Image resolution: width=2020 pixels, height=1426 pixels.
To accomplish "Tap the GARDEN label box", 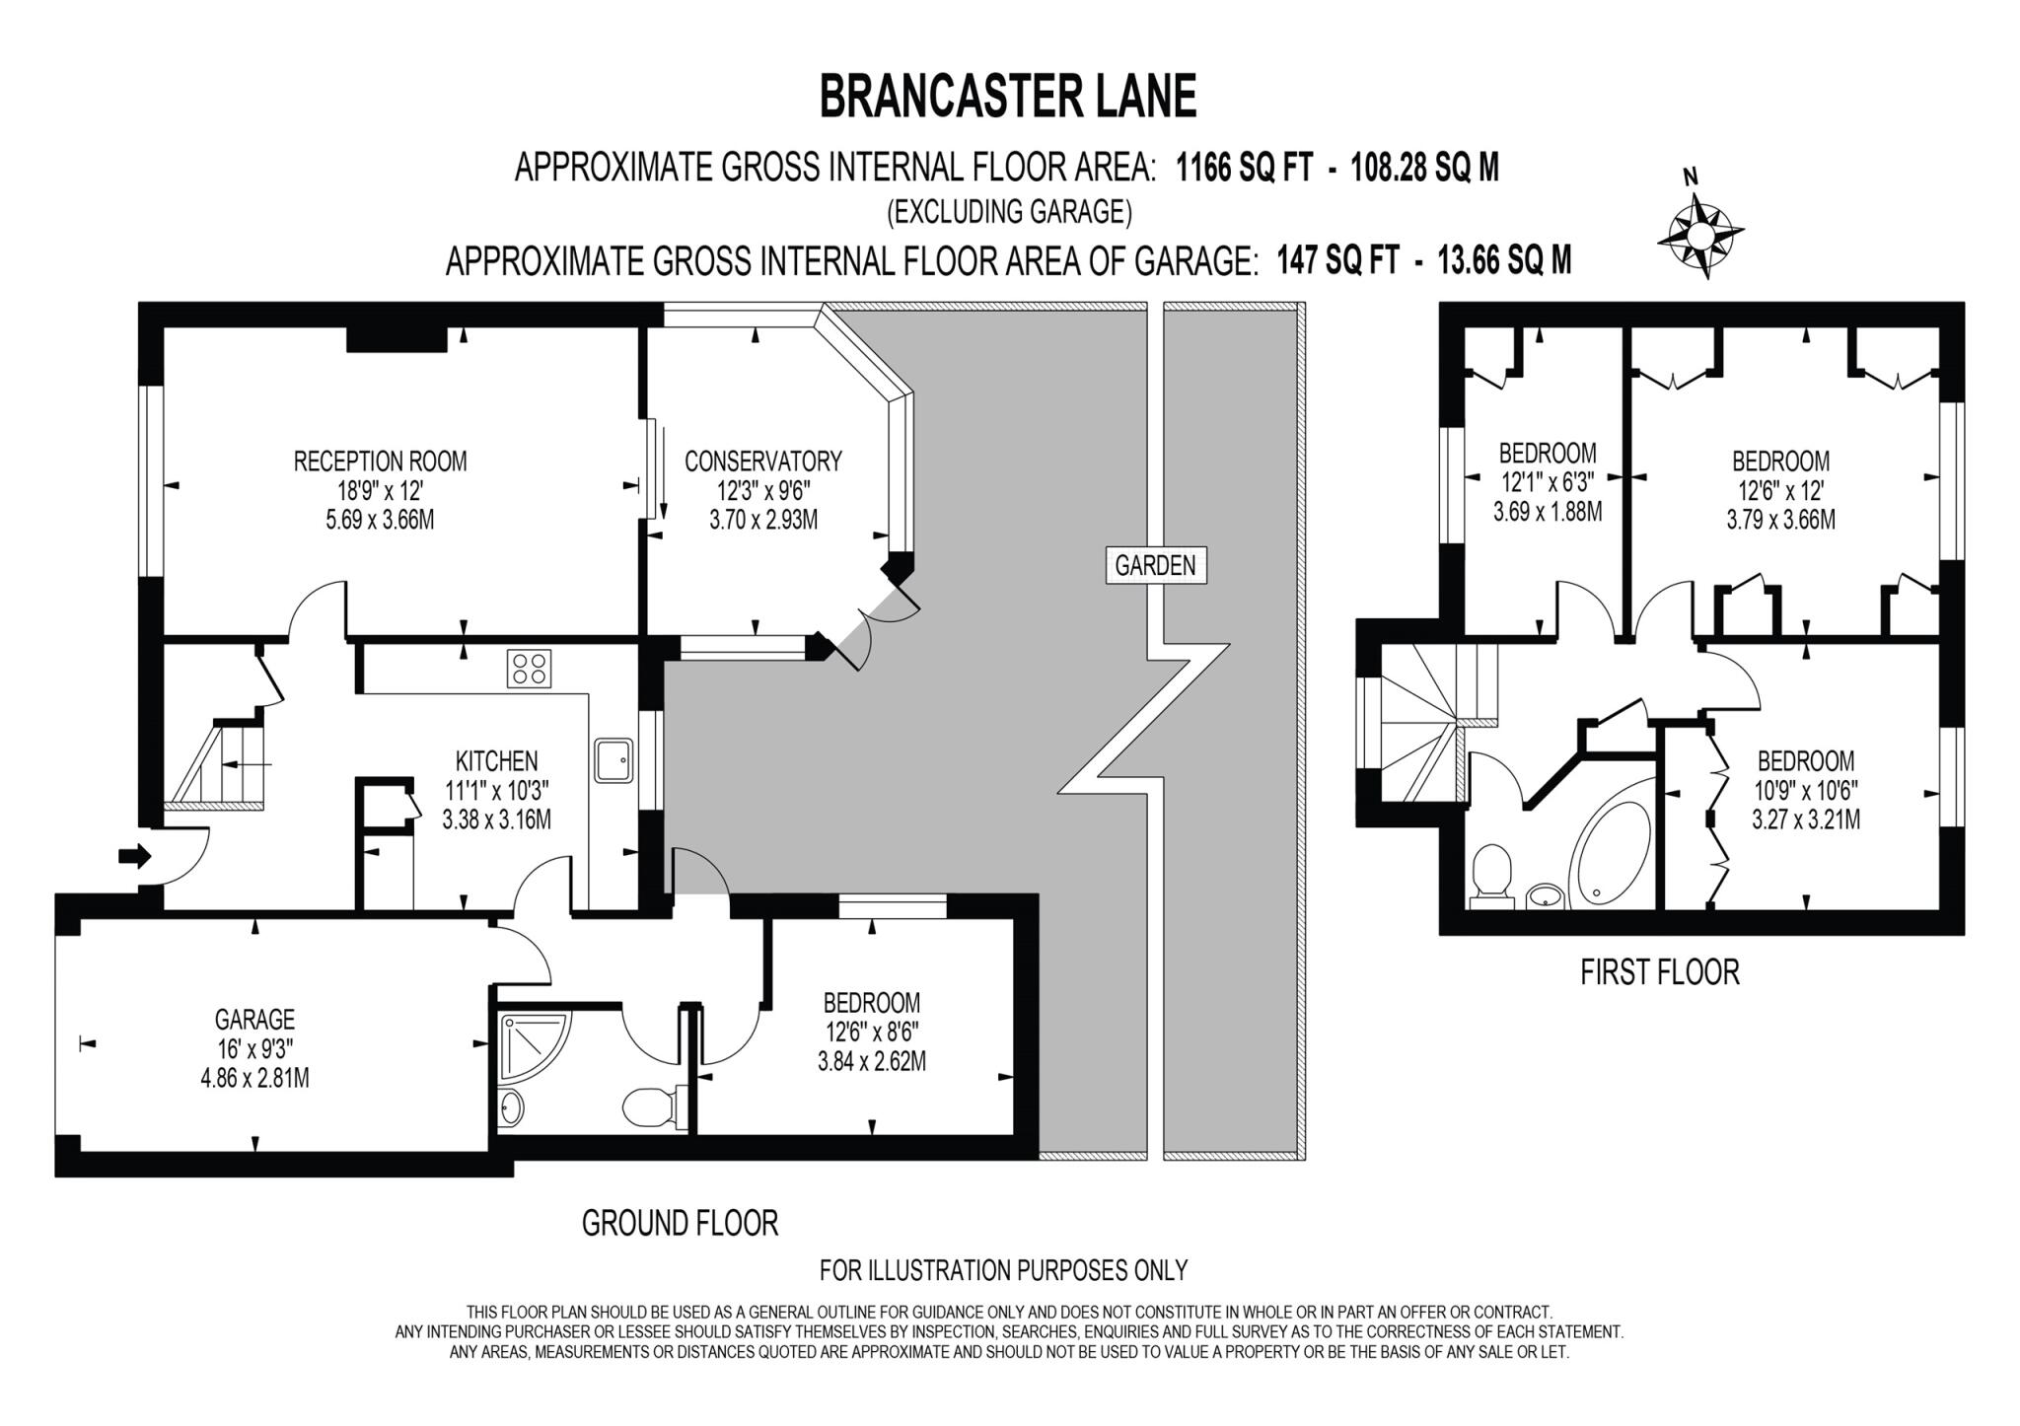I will coord(1155,565).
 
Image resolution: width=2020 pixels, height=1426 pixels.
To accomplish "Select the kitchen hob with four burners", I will coord(529,668).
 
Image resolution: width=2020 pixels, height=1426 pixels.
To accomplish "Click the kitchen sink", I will coord(613,760).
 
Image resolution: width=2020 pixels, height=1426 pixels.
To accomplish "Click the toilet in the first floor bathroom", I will coord(1490,874).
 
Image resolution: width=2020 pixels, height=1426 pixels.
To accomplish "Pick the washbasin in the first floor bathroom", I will coord(1545,895).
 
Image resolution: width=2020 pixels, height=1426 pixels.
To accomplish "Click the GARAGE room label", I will coord(254,1019).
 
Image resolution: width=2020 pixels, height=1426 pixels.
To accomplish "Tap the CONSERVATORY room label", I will coord(762,461).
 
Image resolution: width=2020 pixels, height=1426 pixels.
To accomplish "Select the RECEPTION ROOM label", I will coord(380,461).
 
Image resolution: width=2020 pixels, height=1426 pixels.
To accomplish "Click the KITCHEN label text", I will coord(496,760).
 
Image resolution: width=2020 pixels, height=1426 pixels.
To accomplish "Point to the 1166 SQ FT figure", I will coord(1245,169).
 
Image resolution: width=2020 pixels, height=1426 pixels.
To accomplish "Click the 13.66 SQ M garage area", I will coord(1504,260).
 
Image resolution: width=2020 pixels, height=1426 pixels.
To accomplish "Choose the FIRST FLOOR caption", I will coord(1659,972).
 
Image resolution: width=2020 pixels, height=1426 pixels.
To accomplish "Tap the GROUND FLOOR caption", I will coord(680,1224).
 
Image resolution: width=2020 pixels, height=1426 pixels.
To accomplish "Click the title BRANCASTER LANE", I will coord(1008,97).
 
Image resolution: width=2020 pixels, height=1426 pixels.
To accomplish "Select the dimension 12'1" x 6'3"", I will coord(1547,482).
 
